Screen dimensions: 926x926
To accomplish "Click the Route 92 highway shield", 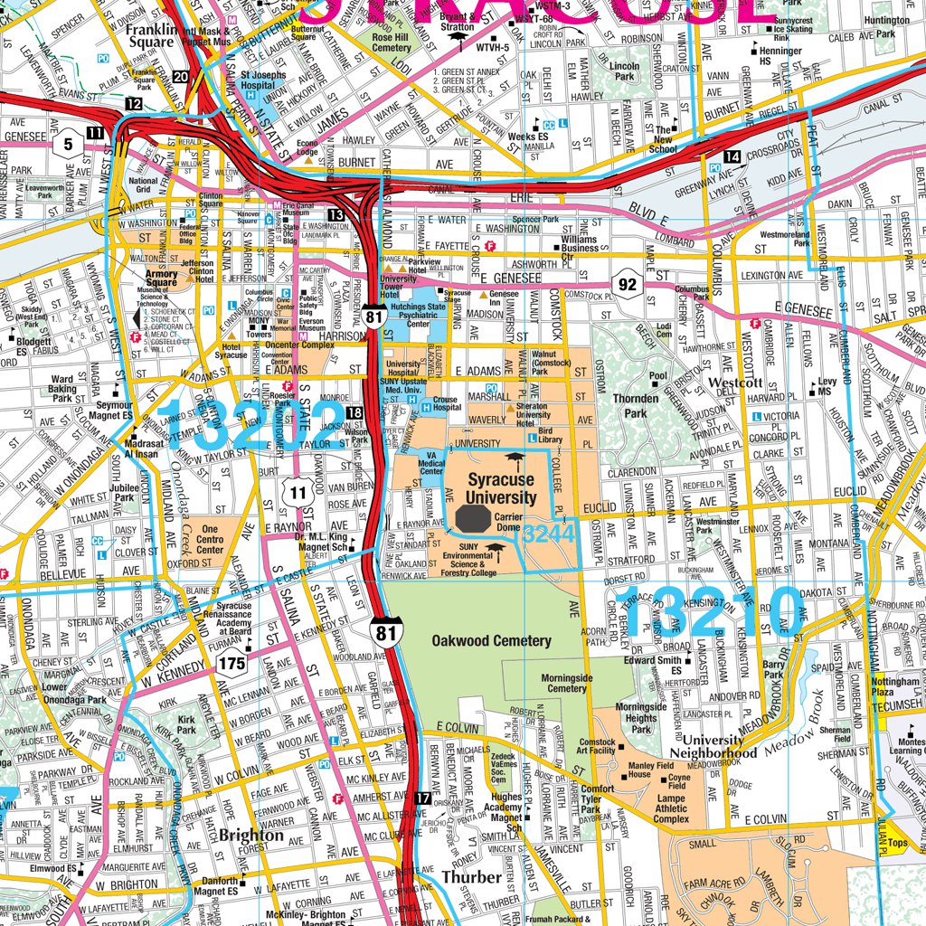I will coord(628,285).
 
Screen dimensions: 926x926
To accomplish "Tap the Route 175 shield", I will coord(231,666).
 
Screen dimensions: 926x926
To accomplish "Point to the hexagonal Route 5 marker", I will coord(68,143).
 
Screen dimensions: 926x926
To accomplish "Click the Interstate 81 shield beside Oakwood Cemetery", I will coord(386,631).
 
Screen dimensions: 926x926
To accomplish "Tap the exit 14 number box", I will coord(732,157).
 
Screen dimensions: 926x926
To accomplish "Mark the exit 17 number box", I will coord(423,798).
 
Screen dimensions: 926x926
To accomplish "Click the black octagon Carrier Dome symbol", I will coord(472,519).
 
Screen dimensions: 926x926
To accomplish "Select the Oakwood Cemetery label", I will coord(491,641).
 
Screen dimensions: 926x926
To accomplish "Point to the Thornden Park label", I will coord(636,405).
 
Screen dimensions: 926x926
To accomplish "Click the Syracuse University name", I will coord(499,488).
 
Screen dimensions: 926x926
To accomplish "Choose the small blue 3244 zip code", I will coord(548,533).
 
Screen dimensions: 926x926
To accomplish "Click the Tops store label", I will coord(897,843).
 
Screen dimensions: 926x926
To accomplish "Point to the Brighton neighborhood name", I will coord(251,835).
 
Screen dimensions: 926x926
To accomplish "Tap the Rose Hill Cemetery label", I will coord(391,43).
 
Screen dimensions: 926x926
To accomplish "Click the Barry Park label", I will coord(773,669).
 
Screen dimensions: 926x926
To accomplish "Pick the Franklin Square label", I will coord(149,34).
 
